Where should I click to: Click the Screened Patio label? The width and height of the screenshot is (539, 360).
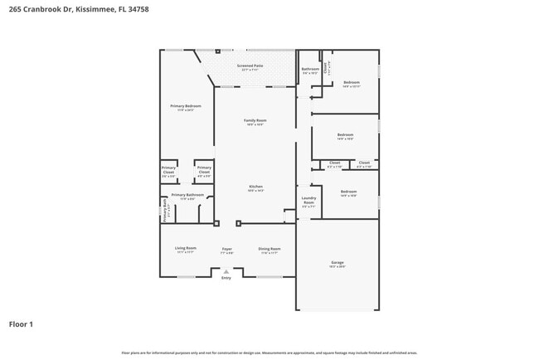[x=250, y=66]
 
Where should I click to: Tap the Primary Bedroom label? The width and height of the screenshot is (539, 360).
[x=186, y=107]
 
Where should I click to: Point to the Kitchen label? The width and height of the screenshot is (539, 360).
[x=255, y=187]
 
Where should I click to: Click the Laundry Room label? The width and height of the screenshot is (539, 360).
[x=308, y=199]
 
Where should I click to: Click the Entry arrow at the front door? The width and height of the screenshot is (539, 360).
[x=226, y=270]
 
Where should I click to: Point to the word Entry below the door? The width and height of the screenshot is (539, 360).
[x=226, y=278]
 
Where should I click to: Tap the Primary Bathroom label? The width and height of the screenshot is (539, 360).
[x=187, y=196]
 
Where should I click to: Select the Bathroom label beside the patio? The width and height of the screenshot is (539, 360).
[x=310, y=70]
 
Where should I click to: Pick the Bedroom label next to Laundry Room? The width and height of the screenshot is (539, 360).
[x=348, y=192]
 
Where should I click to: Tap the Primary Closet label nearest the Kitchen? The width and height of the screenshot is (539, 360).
[x=204, y=171]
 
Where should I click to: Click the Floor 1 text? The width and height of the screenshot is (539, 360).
[x=21, y=324]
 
